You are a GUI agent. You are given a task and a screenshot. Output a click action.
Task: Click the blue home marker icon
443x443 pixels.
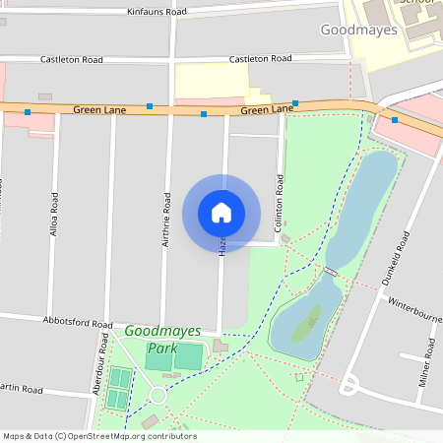[221, 213]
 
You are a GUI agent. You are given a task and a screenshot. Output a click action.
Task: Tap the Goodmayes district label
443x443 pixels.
[359, 31]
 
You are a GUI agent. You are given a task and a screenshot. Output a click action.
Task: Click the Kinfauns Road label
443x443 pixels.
[157, 12]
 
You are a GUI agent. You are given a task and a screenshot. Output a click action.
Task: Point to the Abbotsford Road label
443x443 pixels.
[78, 322]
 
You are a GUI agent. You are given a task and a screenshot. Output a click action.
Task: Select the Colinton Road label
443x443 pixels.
[280, 205]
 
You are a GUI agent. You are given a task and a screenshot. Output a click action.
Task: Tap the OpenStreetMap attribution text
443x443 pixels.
[99, 436]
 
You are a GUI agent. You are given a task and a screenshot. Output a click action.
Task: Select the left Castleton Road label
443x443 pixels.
[71, 60]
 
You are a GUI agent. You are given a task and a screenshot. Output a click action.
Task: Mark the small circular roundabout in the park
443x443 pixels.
[158, 396]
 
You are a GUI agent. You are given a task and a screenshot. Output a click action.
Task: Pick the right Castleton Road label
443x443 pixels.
[262, 59]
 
